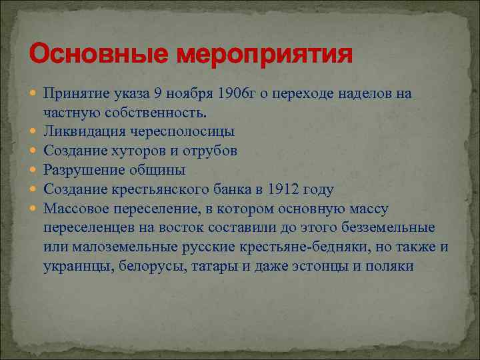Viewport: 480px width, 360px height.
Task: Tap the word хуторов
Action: point(130,151)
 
